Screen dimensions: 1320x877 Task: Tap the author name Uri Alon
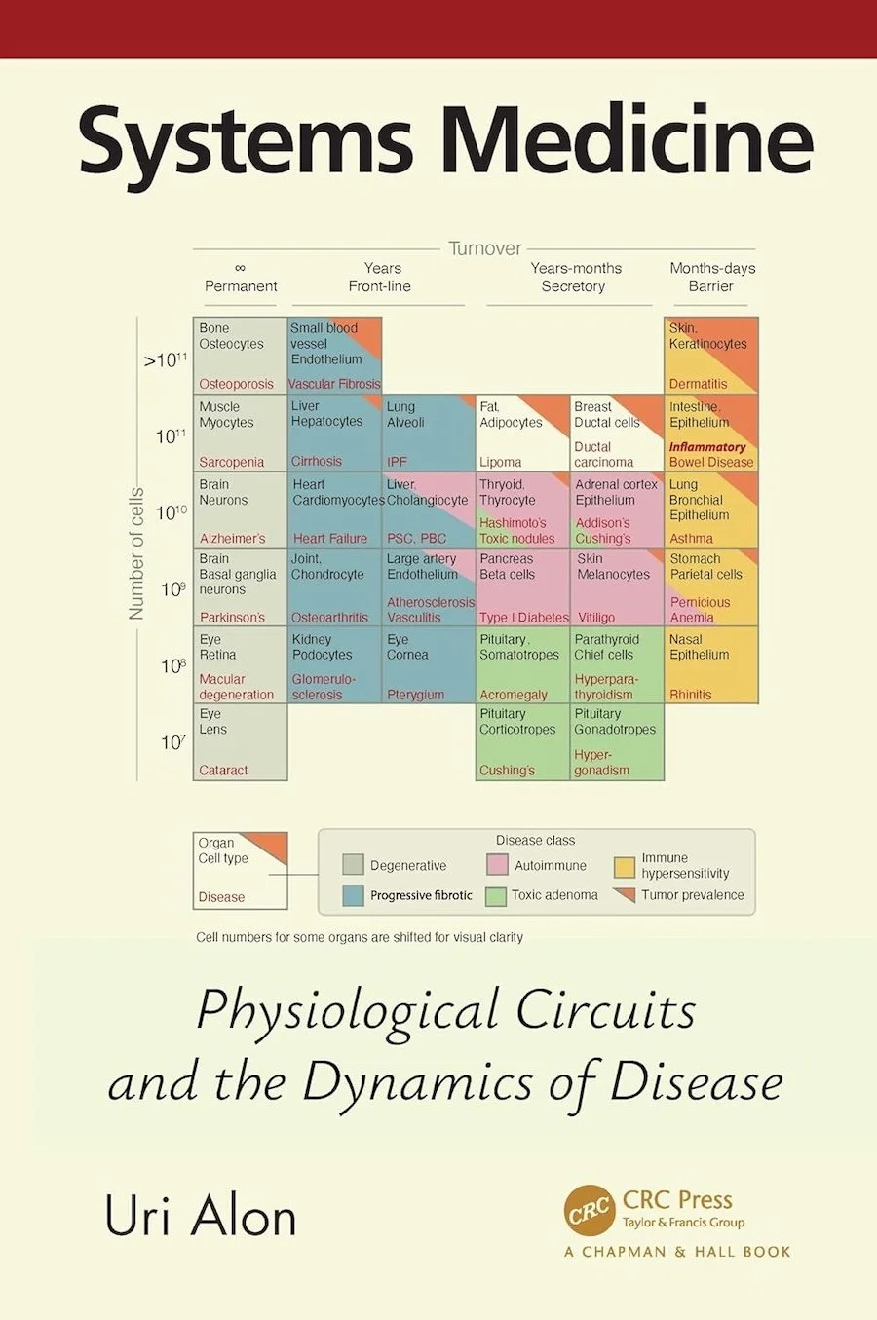tap(200, 1217)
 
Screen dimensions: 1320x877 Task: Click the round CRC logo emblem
tap(590, 1211)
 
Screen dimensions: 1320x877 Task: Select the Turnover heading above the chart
tap(484, 248)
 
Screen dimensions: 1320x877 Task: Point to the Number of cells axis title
tap(136, 553)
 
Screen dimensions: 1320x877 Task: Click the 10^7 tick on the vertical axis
tap(172, 742)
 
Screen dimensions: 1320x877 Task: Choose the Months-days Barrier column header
tap(712, 278)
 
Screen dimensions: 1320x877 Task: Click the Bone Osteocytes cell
tap(240, 356)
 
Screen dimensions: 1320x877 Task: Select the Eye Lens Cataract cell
tap(240, 741)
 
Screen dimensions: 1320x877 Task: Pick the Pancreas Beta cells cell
tap(522, 587)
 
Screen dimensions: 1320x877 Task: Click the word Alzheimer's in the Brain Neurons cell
tap(232, 539)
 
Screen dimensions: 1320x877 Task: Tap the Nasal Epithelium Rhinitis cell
tap(710, 665)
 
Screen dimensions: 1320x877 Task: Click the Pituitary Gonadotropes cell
tap(616, 741)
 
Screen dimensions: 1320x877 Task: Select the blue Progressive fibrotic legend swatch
tap(354, 895)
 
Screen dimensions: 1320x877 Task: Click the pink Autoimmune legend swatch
tap(497, 865)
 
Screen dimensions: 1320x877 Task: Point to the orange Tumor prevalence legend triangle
tap(625, 894)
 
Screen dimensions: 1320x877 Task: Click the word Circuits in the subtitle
tap(604, 1010)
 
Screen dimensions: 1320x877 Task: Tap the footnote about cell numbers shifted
tap(360, 937)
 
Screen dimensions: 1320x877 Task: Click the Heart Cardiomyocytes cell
tap(334, 510)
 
